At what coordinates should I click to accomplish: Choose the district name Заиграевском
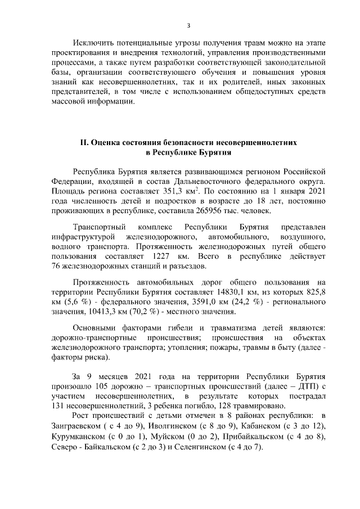pos(76,427)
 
